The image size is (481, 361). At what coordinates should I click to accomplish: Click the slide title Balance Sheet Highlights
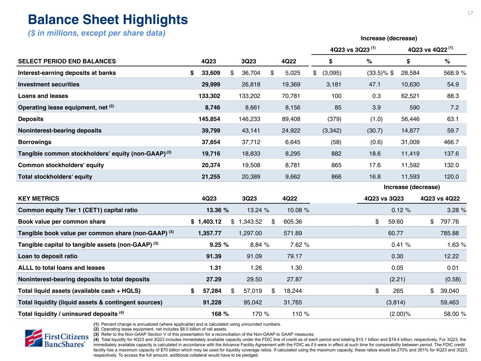click(x=108, y=20)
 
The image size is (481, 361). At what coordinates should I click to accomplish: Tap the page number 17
click(x=470, y=13)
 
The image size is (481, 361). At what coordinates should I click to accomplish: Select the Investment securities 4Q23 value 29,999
click(x=210, y=84)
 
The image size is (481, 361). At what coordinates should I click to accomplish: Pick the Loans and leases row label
click(x=43, y=96)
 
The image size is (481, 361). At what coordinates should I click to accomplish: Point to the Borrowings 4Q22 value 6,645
click(x=291, y=142)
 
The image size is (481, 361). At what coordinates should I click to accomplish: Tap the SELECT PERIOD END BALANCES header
click(x=67, y=61)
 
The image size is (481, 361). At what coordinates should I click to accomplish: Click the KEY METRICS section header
click(x=39, y=198)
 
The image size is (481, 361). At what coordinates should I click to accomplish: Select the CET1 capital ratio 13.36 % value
click(x=217, y=210)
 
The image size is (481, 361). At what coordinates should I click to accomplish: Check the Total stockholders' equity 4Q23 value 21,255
click(x=210, y=177)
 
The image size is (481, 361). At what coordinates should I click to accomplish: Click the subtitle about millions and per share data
click(x=97, y=33)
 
